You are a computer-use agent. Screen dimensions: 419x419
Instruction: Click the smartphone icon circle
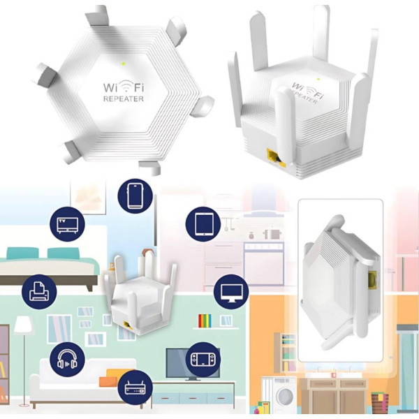(135, 196)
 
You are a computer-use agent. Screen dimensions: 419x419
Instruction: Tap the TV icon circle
(67, 224)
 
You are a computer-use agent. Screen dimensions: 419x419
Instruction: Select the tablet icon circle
(203, 224)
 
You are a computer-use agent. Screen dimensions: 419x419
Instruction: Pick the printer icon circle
(39, 292)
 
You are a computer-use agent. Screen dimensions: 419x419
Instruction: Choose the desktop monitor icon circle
(231, 292)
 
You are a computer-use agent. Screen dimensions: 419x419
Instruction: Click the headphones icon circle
(67, 360)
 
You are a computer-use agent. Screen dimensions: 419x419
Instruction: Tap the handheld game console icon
(203, 360)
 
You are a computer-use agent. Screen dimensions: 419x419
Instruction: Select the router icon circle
(135, 388)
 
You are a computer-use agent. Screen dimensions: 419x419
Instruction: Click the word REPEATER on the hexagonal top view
(124, 98)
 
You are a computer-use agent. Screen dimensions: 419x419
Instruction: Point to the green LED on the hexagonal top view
(123, 64)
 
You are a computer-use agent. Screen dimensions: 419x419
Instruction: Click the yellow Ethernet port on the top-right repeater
(276, 159)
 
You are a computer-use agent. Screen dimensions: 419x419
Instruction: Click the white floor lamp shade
(24, 325)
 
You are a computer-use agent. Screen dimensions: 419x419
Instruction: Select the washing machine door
(285, 397)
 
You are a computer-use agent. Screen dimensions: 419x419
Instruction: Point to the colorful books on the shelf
(205, 321)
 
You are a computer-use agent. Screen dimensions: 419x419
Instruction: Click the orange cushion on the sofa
(115, 378)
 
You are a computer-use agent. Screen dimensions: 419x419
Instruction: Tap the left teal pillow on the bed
(22, 253)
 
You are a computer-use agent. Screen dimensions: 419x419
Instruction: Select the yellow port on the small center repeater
(128, 325)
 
